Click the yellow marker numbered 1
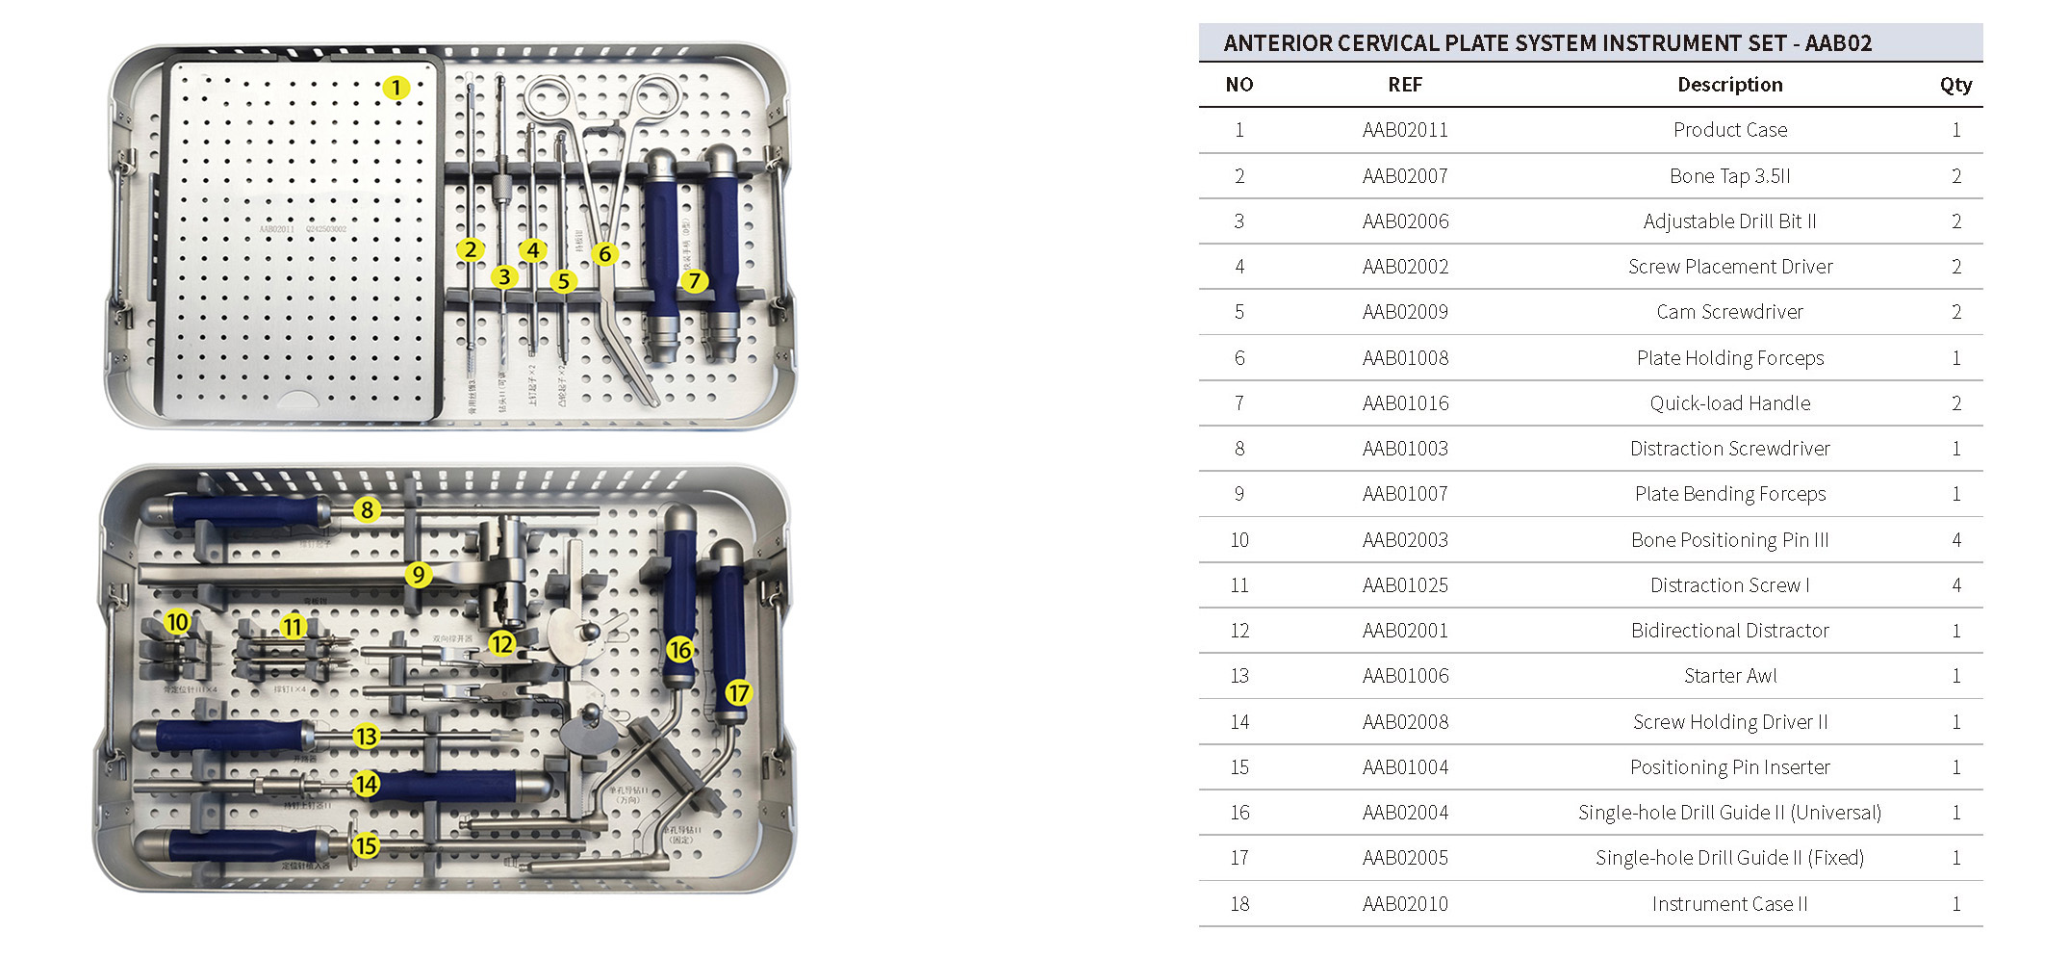point(396,88)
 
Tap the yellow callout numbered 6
point(604,254)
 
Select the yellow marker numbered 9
point(418,575)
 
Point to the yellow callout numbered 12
point(501,643)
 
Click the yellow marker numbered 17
point(738,693)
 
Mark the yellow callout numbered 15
point(366,846)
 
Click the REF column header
point(1405,85)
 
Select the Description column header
point(1729,85)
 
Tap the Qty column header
point(1955,85)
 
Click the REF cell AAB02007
point(1405,176)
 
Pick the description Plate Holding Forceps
point(1729,358)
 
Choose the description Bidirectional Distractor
point(1729,631)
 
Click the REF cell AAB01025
point(1405,585)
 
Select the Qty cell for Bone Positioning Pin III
point(1955,540)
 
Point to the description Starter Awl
point(1729,676)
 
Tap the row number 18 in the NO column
point(1239,904)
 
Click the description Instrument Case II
point(1729,904)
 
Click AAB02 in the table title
point(1838,43)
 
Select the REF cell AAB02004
point(1405,813)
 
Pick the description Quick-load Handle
point(1729,403)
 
